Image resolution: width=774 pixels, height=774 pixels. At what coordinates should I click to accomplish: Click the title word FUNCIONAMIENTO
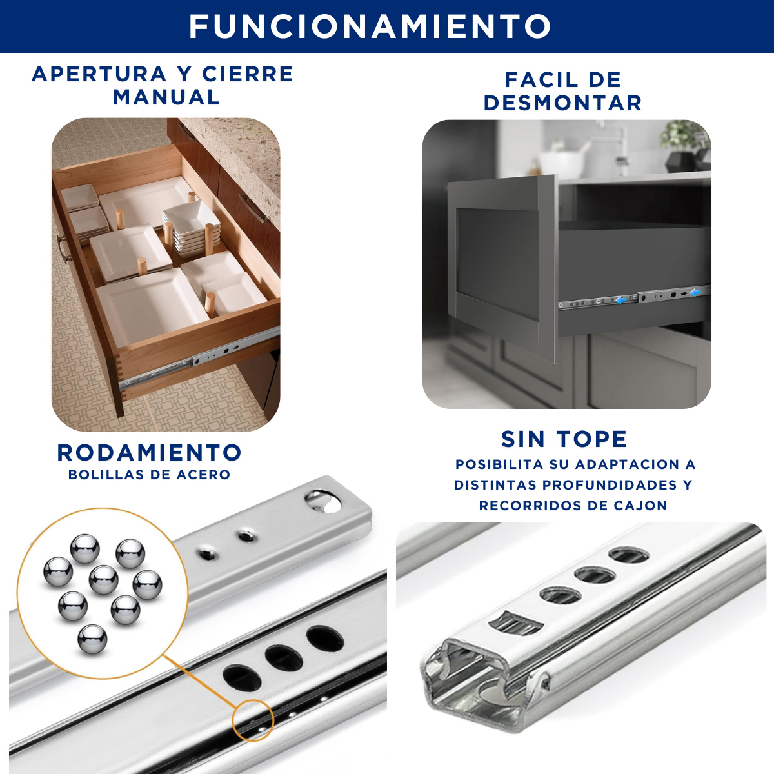point(370,26)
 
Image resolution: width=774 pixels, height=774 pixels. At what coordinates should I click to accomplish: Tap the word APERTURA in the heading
point(99,74)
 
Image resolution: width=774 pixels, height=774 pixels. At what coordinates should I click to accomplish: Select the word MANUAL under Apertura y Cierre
point(166,97)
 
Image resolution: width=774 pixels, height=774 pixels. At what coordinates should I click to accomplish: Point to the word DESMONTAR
point(562,103)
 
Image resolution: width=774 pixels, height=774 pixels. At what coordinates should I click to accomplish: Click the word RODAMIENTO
point(150,452)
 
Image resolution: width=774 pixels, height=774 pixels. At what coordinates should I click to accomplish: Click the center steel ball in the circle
point(104,580)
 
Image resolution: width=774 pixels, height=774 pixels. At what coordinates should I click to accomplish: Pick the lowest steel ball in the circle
point(92,640)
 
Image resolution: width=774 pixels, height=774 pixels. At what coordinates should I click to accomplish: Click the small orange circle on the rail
point(253,720)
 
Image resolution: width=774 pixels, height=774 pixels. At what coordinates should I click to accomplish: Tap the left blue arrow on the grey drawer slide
point(621,300)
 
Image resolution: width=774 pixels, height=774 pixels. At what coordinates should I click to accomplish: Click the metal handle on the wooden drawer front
point(63,247)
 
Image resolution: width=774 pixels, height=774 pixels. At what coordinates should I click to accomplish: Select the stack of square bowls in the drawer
point(191,227)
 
